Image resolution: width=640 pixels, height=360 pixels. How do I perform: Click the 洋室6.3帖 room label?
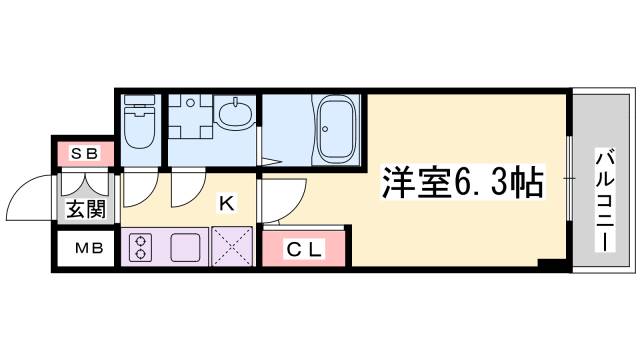click(x=462, y=183)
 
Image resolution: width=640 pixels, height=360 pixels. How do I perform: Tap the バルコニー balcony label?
click(x=604, y=185)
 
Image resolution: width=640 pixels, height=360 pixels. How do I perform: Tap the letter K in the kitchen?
click(x=227, y=204)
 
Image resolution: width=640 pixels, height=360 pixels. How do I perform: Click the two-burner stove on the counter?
click(x=140, y=246)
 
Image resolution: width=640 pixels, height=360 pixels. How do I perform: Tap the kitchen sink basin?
click(x=187, y=246)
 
